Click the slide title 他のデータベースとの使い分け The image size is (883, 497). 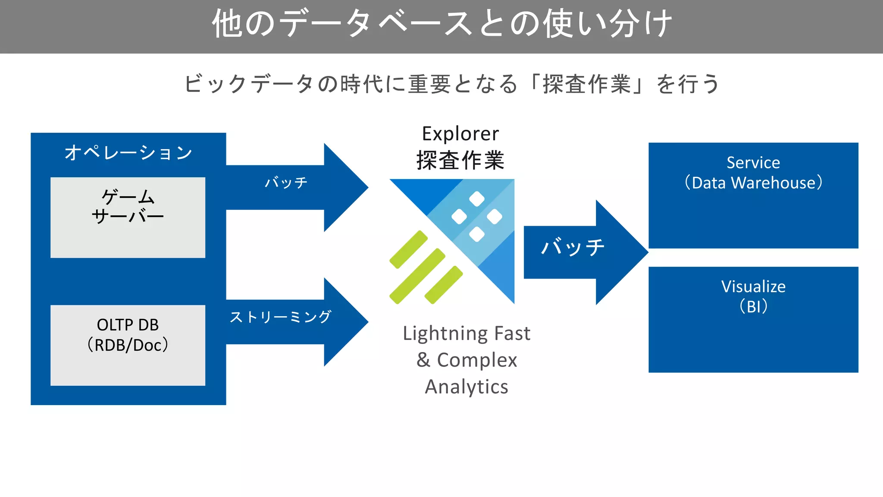tap(441, 24)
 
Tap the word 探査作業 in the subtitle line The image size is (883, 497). tap(586, 84)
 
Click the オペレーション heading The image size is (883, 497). tap(128, 153)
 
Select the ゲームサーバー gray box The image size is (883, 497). tap(128, 217)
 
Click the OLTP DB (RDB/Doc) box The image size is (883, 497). tap(128, 345)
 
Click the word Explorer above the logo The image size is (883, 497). tap(460, 134)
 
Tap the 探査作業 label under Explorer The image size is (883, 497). tap(460, 160)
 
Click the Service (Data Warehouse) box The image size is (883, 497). tap(753, 195)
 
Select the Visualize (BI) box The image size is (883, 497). tap(753, 319)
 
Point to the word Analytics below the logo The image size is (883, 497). tap(467, 387)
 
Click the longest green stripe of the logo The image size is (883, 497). tap(417, 276)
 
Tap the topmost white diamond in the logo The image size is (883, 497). tap(476, 199)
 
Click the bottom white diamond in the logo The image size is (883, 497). tap(476, 234)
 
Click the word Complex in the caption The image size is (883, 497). tap(477, 360)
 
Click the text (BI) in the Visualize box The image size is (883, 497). tap(753, 307)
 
